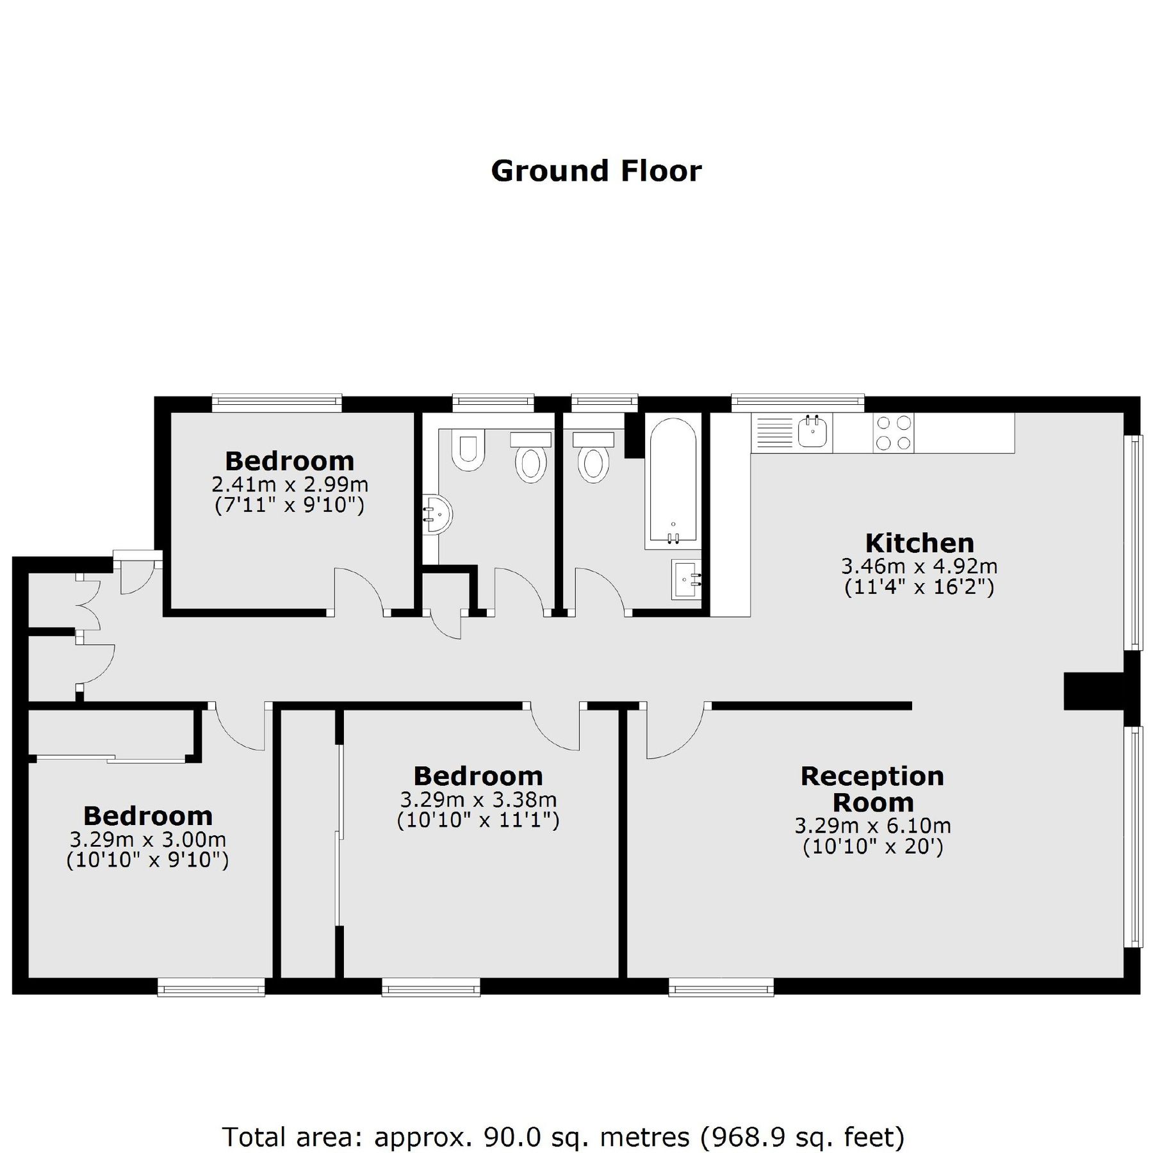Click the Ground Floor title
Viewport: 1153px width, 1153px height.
[596, 171]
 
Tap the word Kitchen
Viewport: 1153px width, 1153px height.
[919, 543]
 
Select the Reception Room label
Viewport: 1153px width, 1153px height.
[872, 789]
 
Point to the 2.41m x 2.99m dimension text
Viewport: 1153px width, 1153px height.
[290, 484]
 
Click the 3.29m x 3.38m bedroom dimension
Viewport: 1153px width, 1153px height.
[478, 799]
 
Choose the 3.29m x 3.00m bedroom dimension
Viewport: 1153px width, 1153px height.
[148, 839]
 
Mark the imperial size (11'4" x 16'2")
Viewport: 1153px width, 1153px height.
[919, 587]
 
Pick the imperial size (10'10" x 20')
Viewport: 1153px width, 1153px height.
[872, 847]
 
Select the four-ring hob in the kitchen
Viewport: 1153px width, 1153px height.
[893, 433]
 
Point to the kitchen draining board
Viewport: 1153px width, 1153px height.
[775, 433]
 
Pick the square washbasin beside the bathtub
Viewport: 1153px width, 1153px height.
[686, 580]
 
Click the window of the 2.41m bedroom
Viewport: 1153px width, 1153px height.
[276, 402]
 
